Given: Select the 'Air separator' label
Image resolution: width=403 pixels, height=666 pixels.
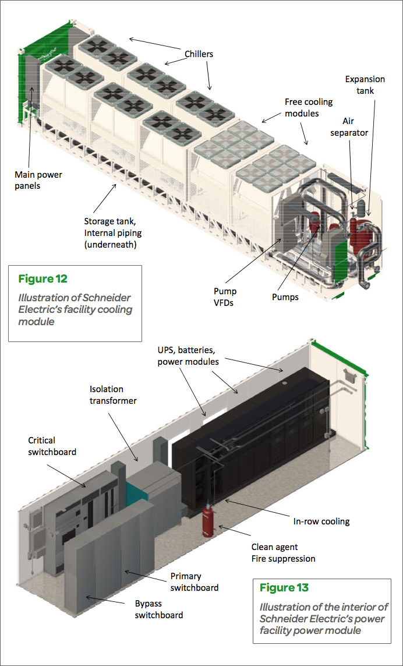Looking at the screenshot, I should [354, 126].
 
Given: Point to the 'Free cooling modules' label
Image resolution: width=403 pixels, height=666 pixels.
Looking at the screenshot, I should [309, 107].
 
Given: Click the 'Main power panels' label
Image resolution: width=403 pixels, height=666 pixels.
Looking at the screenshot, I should [38, 179].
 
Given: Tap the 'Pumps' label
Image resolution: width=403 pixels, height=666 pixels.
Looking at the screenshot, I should [285, 297].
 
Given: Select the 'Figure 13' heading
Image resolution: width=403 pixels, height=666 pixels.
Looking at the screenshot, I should [284, 587].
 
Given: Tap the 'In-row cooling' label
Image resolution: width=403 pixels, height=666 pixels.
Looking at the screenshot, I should [321, 521].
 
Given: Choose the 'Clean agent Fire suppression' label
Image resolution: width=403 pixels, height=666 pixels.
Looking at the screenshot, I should [283, 552].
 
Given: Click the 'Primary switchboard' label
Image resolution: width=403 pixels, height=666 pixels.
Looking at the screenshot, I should [195, 582].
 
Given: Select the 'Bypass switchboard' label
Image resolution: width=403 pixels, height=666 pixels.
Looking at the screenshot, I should [159, 609].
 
